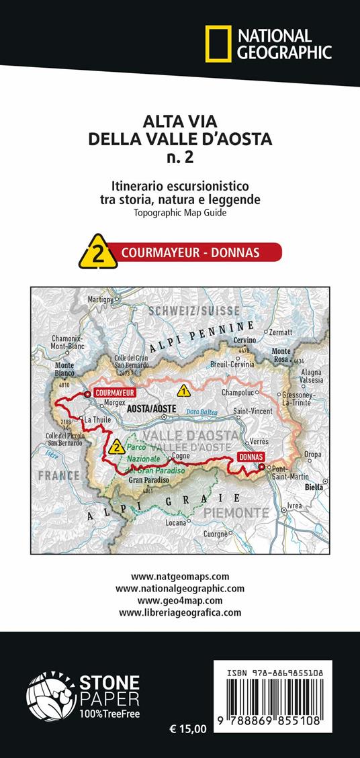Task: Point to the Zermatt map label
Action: tap(283, 331)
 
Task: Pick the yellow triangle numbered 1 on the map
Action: tap(183, 391)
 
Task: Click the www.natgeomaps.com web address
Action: tap(180, 576)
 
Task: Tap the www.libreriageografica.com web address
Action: tap(180, 612)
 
